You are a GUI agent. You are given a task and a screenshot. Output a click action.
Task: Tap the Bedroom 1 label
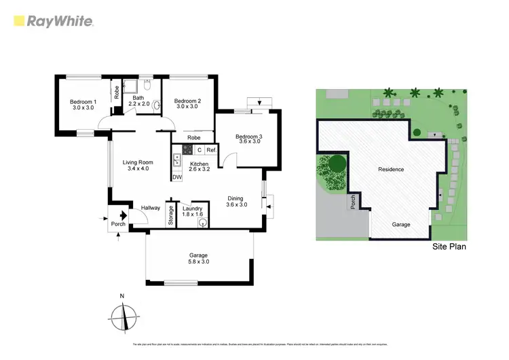pyautogui.click(x=83, y=106)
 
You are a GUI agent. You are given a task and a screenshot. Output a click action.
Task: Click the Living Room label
pyautogui.click(x=137, y=166)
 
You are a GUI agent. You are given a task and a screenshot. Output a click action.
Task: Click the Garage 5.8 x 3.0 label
pyautogui.click(x=198, y=259)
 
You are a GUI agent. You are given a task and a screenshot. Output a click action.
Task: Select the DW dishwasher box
pyautogui.click(x=177, y=178)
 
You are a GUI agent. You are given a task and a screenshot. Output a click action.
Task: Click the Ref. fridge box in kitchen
pyautogui.click(x=211, y=149)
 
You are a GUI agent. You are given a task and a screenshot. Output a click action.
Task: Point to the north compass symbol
pyautogui.click(x=122, y=316)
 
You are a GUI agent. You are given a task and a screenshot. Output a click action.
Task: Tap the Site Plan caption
pyautogui.click(x=449, y=249)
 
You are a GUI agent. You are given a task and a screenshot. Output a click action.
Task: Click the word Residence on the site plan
pyautogui.click(x=390, y=169)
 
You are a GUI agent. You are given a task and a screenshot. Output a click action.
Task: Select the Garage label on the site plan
pyautogui.click(x=401, y=224)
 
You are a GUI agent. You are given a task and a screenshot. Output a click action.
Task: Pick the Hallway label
pyautogui.click(x=150, y=208)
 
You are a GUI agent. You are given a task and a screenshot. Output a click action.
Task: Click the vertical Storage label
pyautogui.click(x=171, y=215)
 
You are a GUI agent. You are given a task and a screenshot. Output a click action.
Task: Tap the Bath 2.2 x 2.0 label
pyautogui.click(x=138, y=102)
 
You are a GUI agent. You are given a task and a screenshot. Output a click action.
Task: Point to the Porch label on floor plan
pyautogui.click(x=118, y=224)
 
